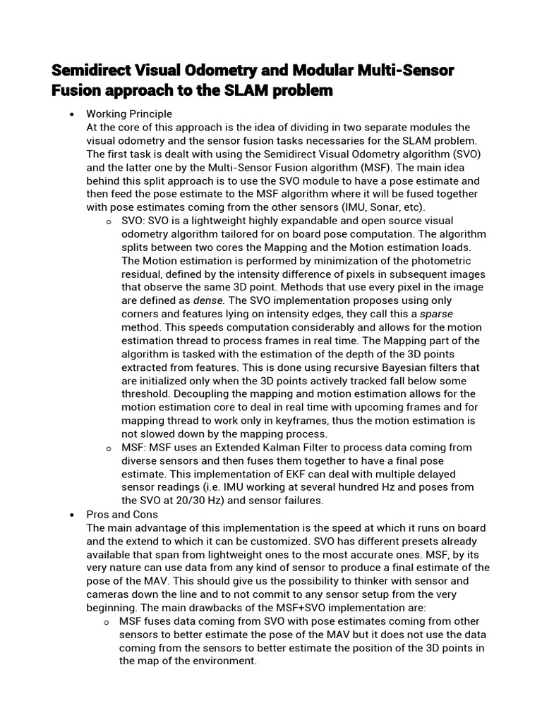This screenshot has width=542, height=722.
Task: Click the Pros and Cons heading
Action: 122,515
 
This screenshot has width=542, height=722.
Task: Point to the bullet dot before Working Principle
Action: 72,114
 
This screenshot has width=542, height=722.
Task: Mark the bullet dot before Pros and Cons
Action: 72,515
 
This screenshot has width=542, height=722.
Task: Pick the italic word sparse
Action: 436,314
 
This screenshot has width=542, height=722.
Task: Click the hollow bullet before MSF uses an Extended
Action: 108,448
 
